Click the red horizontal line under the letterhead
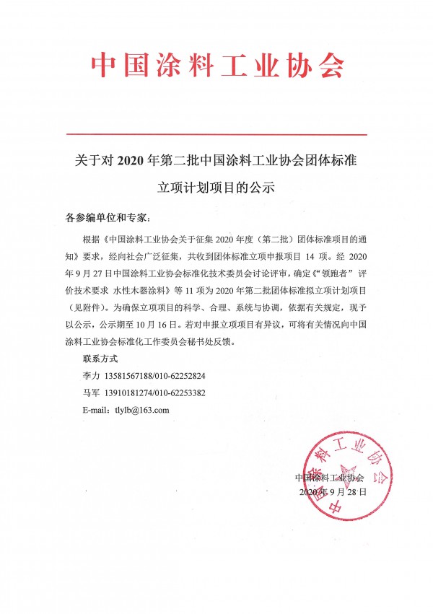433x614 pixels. point(216,134)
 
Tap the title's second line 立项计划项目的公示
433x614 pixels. point(216,188)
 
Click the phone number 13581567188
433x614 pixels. point(133,376)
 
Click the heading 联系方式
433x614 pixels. point(100,359)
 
